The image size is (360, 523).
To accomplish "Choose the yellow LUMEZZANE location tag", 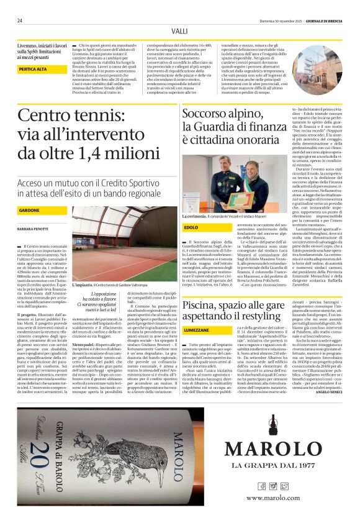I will pos(197,330).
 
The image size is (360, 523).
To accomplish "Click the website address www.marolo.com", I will pos(272,498).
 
